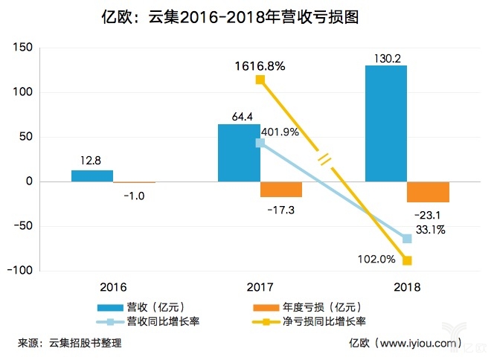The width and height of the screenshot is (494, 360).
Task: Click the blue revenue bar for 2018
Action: (385, 123)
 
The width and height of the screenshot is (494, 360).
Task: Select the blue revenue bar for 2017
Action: (239, 152)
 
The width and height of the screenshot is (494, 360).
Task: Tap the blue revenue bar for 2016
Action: (92, 176)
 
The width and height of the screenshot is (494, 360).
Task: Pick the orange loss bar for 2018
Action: (428, 192)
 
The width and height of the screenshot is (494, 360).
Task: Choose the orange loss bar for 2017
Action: (281, 190)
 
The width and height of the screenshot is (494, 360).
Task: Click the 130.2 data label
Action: (386, 57)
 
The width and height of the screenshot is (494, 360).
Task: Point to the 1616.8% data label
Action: (260, 65)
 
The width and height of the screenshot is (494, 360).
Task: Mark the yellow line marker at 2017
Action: (260, 80)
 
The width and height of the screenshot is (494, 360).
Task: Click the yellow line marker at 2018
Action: (407, 260)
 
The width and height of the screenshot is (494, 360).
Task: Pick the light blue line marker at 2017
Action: (260, 143)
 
